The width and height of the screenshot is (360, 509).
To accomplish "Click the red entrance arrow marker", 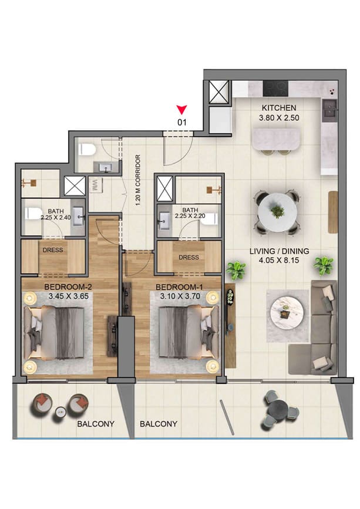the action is point(181,109).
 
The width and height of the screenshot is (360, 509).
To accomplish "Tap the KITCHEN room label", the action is point(279,108).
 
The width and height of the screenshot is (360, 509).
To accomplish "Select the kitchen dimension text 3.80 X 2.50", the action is point(279,117).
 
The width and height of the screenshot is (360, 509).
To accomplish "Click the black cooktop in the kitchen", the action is point(275,88).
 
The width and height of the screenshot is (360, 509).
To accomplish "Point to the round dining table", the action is point(277,212).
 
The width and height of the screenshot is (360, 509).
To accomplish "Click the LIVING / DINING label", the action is point(279,251).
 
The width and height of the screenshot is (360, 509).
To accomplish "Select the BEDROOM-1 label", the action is point(179,287).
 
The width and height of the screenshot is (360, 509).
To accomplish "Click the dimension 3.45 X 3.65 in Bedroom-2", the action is point(68,296).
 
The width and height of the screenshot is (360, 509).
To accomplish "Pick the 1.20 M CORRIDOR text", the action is point(138,180).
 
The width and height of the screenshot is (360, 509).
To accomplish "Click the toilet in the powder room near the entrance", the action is point(87,149).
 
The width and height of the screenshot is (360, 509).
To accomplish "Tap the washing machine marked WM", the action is point(96,186).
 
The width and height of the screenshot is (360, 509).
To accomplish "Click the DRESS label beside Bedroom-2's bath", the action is point(53,250).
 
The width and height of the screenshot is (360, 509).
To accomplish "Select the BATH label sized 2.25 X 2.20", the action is point(190,213).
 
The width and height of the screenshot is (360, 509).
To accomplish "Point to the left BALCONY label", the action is point(96,424).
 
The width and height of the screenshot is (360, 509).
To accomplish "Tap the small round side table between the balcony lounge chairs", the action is point(60,412).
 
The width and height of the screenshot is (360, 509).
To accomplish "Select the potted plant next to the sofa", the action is point(324,266).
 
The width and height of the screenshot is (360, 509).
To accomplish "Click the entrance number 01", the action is point(182,122).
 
